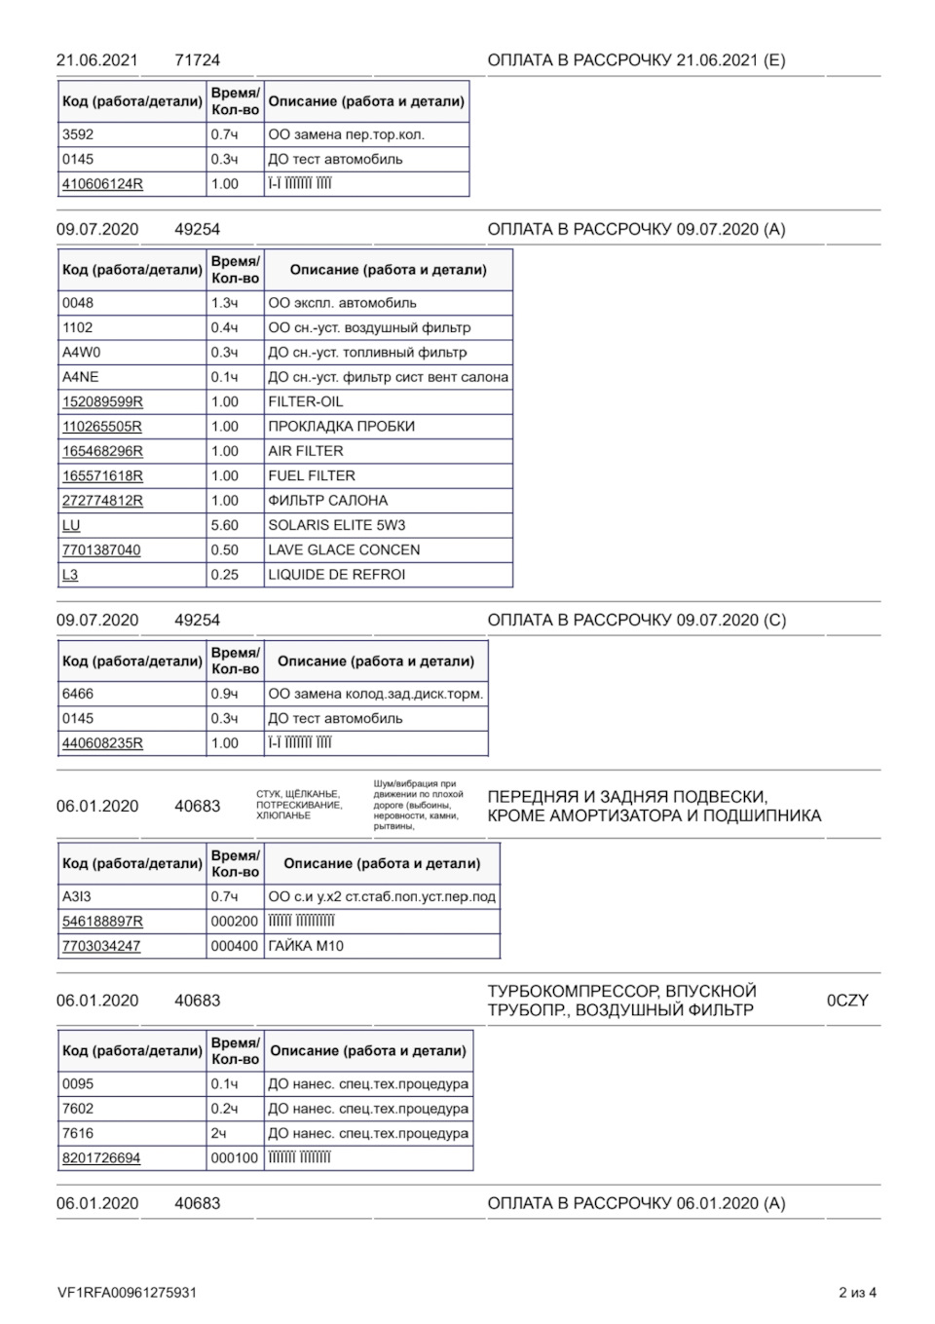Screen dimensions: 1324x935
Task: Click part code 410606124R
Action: point(102,184)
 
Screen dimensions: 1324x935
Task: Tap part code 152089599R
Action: point(102,401)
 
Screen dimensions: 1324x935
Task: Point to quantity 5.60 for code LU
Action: point(225,525)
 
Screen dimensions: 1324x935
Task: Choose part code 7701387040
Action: point(101,550)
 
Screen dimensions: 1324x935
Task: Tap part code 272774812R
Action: point(102,501)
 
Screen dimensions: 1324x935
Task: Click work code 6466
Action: point(78,694)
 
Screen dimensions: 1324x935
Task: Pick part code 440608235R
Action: point(102,743)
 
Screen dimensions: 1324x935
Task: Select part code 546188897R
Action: point(102,922)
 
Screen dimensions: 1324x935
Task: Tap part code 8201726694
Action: point(101,1158)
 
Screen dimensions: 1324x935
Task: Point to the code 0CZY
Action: point(847,1001)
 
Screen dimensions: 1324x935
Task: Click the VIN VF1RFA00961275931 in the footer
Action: point(127,1293)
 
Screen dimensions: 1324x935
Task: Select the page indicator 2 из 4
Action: point(857,1293)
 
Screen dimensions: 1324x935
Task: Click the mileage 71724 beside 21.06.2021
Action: point(198,60)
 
